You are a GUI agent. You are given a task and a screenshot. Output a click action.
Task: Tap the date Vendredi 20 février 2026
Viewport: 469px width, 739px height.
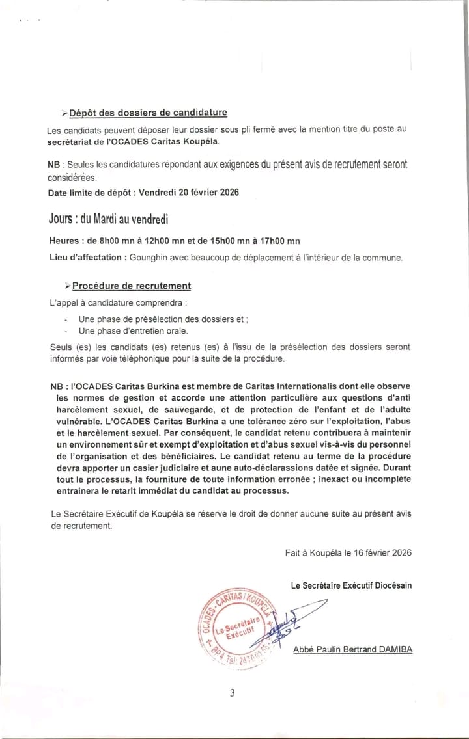coord(188,193)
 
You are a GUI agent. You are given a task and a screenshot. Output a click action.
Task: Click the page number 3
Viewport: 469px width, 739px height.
coord(232,693)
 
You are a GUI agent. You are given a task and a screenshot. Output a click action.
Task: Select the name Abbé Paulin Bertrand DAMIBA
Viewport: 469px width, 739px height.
coord(352,649)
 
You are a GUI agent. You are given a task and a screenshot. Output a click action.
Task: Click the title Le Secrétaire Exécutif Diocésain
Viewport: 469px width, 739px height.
coord(351,585)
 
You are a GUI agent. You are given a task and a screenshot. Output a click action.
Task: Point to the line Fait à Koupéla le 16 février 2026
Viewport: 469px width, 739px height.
coord(348,552)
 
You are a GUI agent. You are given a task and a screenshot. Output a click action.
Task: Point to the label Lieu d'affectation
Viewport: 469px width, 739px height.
coord(85,257)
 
